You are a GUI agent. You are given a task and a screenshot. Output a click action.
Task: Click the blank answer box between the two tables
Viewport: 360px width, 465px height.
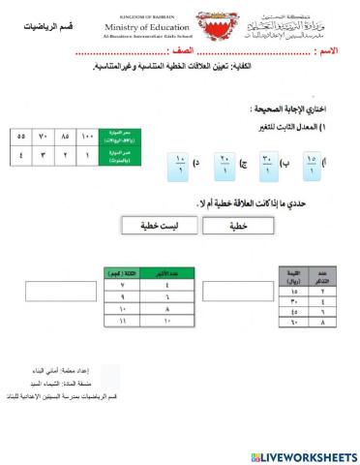(x=230, y=292)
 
